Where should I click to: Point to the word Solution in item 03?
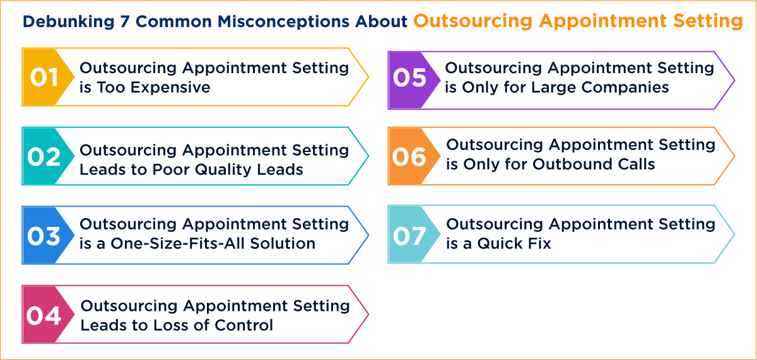[285, 243]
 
